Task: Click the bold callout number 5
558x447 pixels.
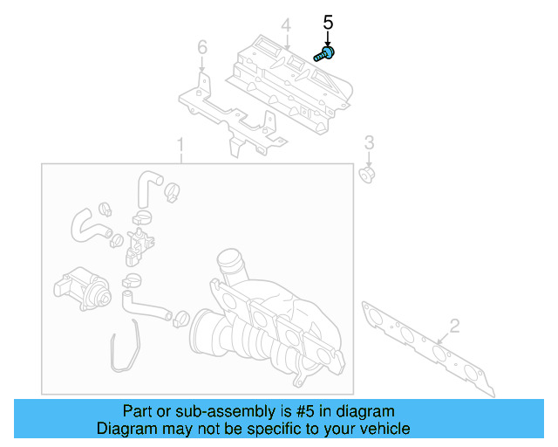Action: click(x=329, y=22)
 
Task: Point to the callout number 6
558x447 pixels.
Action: click(x=202, y=46)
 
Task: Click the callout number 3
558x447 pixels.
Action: click(x=369, y=142)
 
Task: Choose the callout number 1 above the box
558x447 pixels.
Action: click(x=180, y=144)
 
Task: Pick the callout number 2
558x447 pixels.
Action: click(x=453, y=327)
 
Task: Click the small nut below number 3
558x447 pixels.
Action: click(x=368, y=175)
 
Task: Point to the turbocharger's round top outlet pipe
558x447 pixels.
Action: click(x=228, y=261)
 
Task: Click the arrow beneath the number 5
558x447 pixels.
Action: click(x=329, y=38)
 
